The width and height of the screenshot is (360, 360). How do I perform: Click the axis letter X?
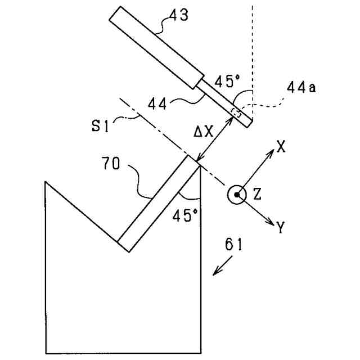(x=281, y=147)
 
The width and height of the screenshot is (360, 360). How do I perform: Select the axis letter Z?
(x=257, y=195)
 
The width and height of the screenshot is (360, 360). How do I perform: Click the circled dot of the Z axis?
(x=237, y=195)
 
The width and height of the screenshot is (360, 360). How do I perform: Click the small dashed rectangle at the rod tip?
(x=237, y=113)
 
